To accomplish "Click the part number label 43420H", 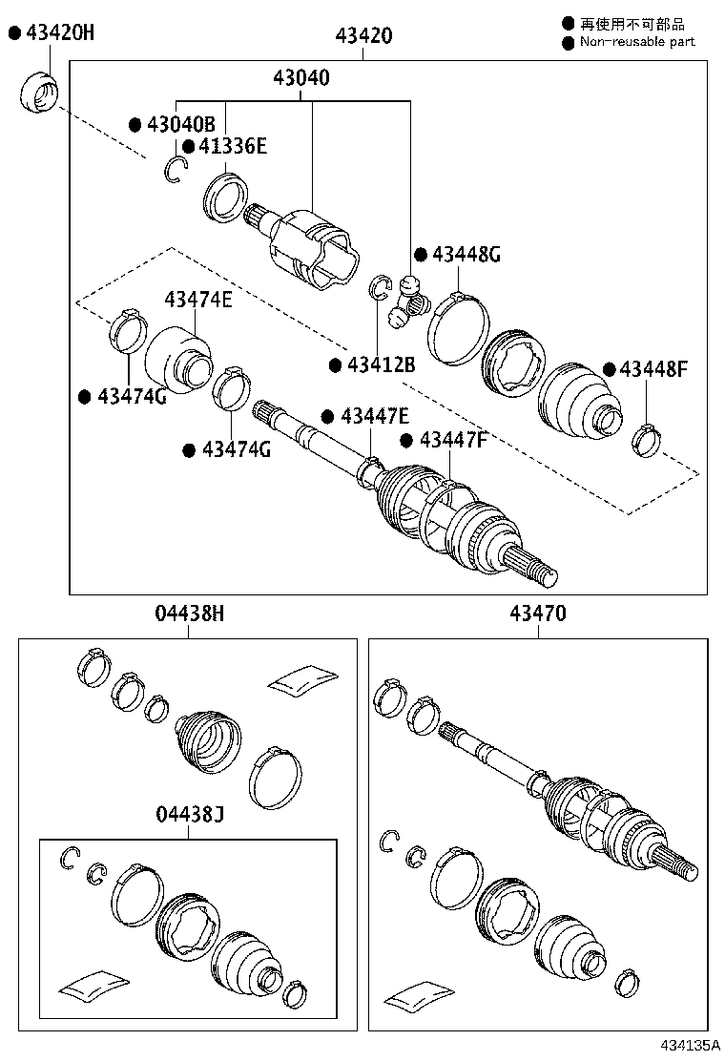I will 59,33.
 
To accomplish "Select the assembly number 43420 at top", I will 362,36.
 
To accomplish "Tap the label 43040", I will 303,78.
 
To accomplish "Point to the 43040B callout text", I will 180,124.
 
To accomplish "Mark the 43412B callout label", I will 381,364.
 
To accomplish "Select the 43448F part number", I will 652,369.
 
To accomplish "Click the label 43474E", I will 197,300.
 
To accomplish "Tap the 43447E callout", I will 374,416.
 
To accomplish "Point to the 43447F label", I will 453,440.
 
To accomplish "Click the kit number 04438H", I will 189,614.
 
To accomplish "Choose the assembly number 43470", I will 538,614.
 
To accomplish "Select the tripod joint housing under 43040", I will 312,250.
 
